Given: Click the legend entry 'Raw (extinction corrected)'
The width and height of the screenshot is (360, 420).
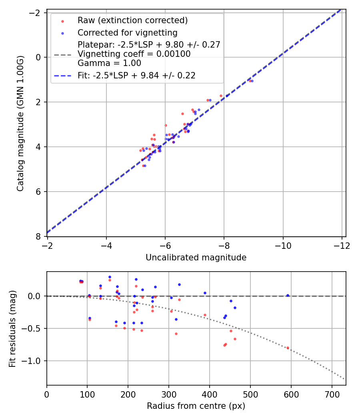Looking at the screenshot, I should click(x=132, y=20).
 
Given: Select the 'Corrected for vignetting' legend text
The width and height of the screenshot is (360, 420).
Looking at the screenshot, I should click(x=127, y=32).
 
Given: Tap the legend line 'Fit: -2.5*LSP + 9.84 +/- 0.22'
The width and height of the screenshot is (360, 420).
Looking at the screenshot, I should click(x=136, y=76).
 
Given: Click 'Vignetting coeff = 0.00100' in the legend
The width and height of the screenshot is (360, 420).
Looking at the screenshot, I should click(x=134, y=54).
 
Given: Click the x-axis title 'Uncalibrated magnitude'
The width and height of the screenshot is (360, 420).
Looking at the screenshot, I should click(x=196, y=258).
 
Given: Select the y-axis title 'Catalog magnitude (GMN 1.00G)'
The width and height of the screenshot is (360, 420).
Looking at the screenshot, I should click(x=21, y=124).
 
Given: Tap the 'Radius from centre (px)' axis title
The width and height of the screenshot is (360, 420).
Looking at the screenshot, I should click(x=196, y=406).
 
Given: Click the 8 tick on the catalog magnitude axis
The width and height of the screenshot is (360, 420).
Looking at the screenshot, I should click(x=39, y=236).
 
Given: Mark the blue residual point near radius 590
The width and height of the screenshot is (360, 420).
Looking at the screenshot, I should click(x=288, y=295).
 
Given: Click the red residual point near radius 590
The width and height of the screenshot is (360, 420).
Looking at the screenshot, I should click(x=288, y=348).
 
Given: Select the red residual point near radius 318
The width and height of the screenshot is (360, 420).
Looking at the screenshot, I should click(x=176, y=334).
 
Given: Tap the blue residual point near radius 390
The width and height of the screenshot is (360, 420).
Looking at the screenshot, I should click(x=205, y=293).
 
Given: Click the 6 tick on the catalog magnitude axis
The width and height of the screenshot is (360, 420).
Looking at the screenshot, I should click(x=39, y=192).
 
